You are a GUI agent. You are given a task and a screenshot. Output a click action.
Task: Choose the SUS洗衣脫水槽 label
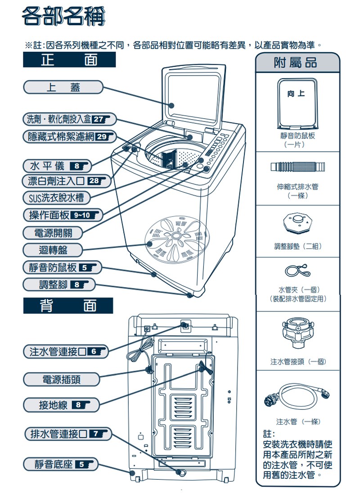(x=56, y=198)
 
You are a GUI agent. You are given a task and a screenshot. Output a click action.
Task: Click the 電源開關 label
(x=53, y=233)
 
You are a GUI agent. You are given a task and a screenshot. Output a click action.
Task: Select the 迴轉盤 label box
(x=53, y=250)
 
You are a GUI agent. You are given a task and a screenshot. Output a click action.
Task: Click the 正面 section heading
(x=69, y=60)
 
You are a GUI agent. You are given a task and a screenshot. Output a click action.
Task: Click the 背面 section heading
(x=68, y=306)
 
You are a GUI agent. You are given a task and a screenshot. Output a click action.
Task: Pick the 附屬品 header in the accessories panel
(x=297, y=63)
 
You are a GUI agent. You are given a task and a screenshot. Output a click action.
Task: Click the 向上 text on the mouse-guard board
(x=297, y=94)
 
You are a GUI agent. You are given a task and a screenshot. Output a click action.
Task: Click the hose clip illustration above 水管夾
(x=297, y=271)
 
